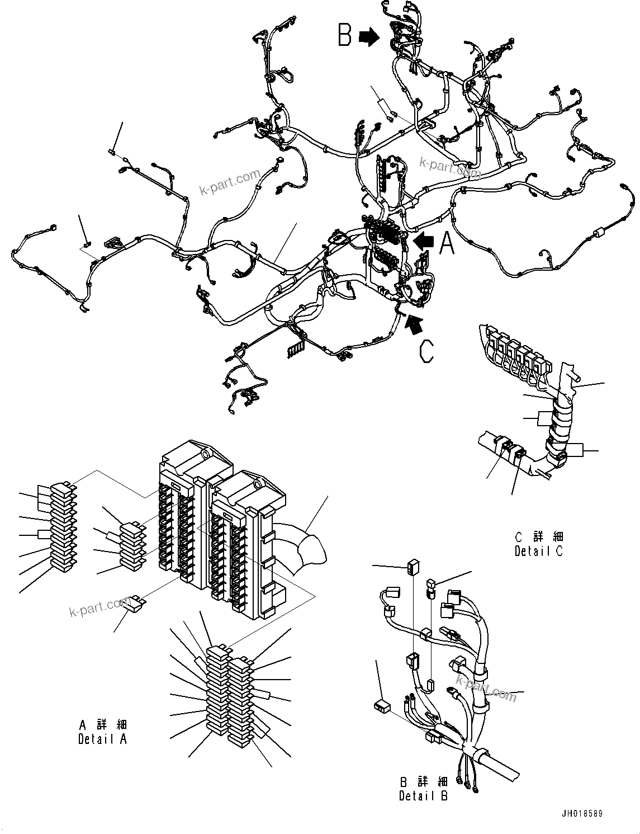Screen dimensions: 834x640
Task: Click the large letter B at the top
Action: (x=345, y=35)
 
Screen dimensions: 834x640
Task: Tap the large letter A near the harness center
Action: (x=447, y=243)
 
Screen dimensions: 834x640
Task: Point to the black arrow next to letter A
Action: (x=424, y=241)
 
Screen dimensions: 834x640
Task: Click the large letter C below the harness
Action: (x=426, y=351)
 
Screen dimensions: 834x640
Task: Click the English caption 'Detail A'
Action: (x=103, y=738)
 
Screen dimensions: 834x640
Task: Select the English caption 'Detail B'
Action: (x=423, y=795)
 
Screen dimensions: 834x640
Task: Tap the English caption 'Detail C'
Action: (x=539, y=550)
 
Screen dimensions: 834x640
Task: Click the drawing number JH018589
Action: (x=582, y=814)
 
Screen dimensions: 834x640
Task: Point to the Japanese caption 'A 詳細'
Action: (x=103, y=725)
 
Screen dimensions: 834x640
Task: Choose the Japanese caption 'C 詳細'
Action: (x=539, y=537)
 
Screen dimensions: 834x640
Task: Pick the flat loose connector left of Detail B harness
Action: (x=383, y=705)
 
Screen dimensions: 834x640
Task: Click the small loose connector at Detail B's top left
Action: (x=413, y=568)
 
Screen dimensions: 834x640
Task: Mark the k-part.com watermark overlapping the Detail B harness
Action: (x=486, y=687)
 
